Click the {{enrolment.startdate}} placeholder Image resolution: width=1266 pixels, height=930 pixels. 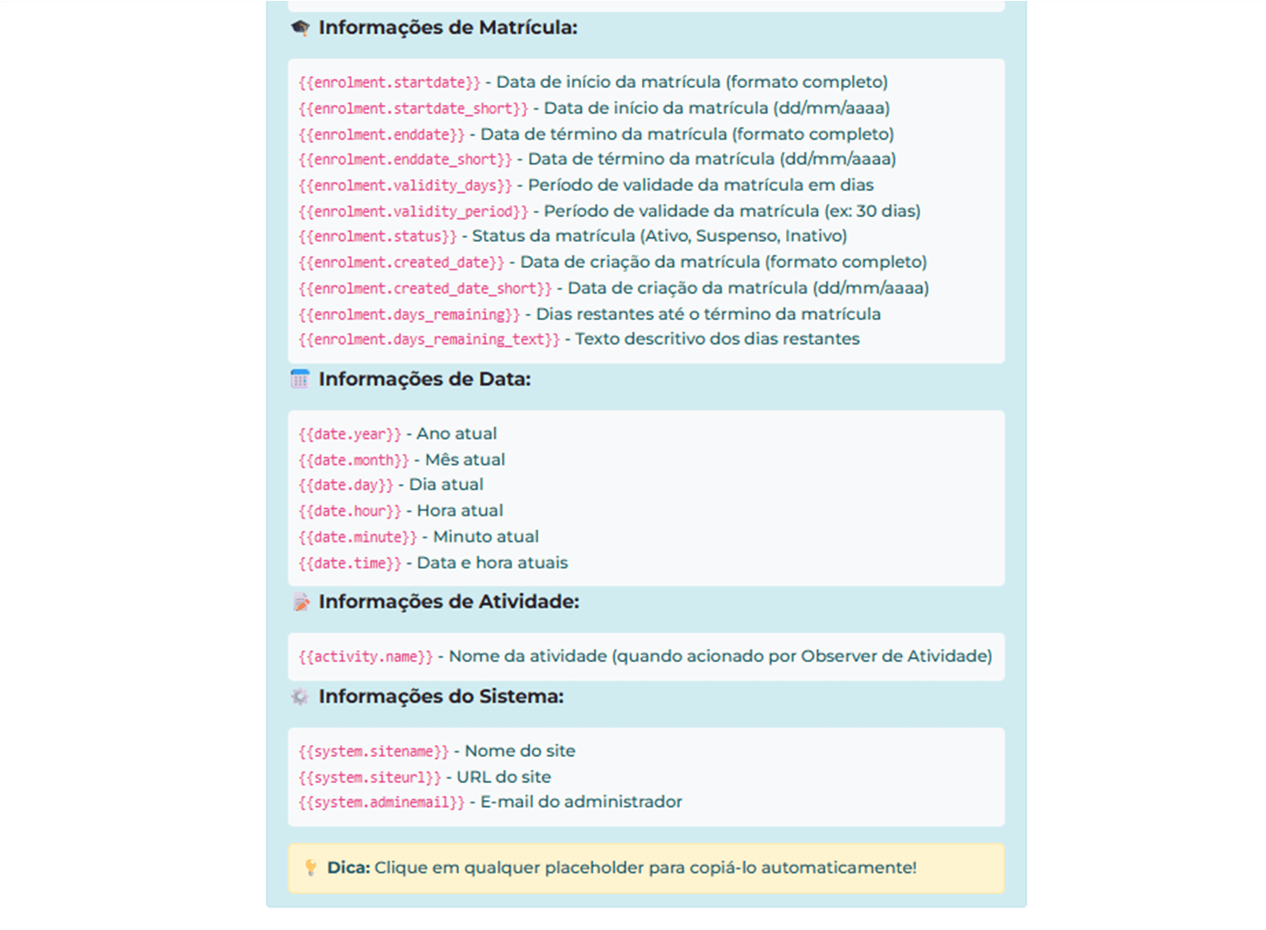[389, 83]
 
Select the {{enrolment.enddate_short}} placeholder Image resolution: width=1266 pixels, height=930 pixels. [405, 159]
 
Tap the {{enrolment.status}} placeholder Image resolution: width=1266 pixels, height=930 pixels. [377, 236]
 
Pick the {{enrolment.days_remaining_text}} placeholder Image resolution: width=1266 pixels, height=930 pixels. [429, 339]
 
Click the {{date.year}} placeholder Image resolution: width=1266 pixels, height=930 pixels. [349, 434]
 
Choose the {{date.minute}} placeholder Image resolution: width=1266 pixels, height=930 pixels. [357, 537]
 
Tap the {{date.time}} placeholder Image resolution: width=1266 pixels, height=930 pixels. [349, 563]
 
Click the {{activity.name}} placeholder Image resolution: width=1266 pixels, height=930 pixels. [366, 657]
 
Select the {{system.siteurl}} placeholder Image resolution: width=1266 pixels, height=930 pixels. [369, 778]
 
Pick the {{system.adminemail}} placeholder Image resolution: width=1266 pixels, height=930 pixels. [381, 803]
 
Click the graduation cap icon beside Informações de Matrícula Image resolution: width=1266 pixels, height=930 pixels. [300, 28]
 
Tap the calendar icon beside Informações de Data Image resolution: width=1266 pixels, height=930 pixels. [300, 379]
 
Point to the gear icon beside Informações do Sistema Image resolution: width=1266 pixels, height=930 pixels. [300, 697]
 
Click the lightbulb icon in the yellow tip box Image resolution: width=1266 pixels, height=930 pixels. [310, 868]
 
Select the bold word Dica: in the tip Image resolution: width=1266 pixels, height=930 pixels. [348, 868]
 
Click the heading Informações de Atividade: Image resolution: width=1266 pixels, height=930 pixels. [448, 602]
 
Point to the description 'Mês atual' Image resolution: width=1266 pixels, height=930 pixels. [465, 460]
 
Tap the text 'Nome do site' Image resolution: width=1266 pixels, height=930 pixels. [520, 751]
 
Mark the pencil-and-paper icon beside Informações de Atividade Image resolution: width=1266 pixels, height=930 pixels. [300, 602]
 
